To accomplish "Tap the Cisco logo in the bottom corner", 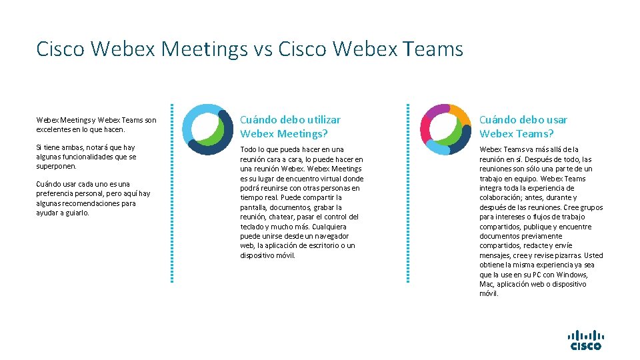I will click(585, 340).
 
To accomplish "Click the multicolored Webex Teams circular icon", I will click(446, 129).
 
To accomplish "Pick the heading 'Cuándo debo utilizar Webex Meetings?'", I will click(291, 126).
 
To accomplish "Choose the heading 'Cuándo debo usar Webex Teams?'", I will click(523, 126).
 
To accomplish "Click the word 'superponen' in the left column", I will click(56, 166).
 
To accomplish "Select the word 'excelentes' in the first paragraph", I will click(53, 129).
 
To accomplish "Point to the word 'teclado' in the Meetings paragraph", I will click(254, 227).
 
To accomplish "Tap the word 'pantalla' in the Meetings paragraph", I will click(254, 207).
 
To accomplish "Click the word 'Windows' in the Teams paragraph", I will click(572, 275).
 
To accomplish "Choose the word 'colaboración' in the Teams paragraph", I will click(501, 197).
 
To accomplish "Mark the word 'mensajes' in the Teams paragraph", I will click(495, 255).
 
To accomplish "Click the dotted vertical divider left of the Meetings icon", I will click(172, 193).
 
